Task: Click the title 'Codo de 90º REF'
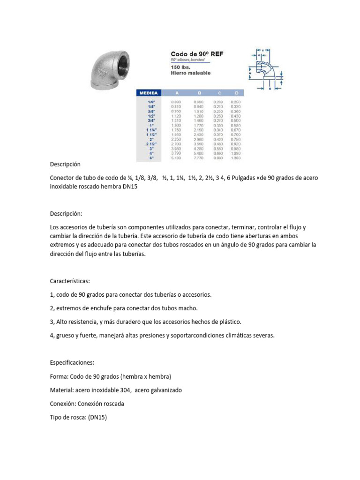click(x=196, y=54)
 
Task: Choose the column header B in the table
click(x=199, y=93)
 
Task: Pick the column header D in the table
click(x=236, y=93)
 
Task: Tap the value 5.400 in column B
click(x=199, y=153)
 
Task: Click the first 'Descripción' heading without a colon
click(x=65, y=165)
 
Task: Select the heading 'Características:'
click(x=70, y=281)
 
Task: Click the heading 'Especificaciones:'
click(x=72, y=363)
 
